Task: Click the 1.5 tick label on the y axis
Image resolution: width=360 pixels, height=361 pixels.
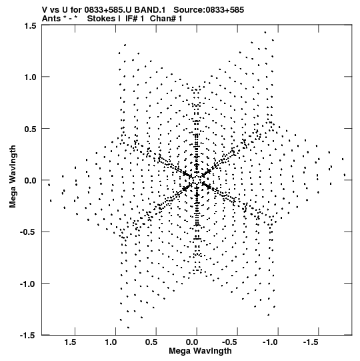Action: (31, 25)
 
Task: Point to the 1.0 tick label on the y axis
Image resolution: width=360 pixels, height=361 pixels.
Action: (31, 77)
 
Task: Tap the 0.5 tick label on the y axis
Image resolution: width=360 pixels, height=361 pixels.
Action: (31, 129)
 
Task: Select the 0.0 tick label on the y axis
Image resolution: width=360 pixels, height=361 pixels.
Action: (31, 180)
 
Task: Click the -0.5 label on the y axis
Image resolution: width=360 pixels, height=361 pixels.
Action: (29, 232)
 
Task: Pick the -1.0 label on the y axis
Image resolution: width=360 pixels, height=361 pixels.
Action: (29, 284)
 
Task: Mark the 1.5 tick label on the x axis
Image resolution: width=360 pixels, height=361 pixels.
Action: (70, 342)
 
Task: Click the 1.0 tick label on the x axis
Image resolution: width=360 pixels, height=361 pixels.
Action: (111, 342)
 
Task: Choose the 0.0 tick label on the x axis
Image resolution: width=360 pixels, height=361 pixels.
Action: (192, 342)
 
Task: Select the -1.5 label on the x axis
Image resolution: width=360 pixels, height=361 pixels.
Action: (310, 342)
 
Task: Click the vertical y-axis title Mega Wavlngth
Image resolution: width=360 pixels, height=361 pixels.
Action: (13, 177)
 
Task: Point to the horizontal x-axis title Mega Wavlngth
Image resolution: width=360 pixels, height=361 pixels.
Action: (200, 351)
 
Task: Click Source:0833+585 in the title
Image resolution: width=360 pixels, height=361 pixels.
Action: (209, 10)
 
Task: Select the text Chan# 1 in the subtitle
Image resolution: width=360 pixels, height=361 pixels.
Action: (166, 19)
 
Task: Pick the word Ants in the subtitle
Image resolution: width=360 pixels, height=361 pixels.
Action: (51, 19)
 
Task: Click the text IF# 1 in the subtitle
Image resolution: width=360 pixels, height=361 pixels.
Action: (135, 19)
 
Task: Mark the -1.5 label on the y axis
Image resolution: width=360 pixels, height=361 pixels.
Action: (29, 336)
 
